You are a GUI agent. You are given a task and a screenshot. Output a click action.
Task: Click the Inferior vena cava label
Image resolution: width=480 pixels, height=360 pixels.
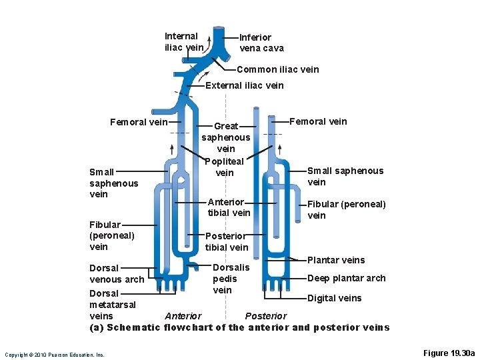[x=261, y=43]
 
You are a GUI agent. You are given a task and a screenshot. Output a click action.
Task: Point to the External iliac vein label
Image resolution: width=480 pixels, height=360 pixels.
[x=244, y=85]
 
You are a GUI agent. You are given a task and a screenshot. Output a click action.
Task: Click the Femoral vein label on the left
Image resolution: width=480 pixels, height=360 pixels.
[x=139, y=122]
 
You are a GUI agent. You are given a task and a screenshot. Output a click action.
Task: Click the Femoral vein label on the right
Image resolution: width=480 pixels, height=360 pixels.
[x=318, y=121]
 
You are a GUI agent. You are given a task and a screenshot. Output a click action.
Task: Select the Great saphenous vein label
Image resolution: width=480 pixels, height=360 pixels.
[x=225, y=137]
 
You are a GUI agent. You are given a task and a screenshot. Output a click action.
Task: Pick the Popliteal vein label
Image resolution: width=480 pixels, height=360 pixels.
[x=225, y=167]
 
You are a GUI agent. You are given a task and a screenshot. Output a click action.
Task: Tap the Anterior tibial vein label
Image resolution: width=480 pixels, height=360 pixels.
[x=229, y=207]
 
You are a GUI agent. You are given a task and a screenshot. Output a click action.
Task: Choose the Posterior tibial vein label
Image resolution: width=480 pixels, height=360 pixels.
[x=227, y=241]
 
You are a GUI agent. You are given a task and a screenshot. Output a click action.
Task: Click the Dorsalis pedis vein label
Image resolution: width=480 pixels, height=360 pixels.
[x=231, y=279]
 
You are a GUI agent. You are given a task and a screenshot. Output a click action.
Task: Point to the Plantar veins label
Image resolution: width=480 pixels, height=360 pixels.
[x=336, y=260]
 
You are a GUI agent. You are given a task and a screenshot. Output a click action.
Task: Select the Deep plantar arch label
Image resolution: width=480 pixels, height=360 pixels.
[x=346, y=278]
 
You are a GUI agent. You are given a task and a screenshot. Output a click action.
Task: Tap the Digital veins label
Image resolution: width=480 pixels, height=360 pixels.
[x=334, y=298]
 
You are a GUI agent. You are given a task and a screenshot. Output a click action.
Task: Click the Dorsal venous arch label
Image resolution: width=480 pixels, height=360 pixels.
[x=116, y=273]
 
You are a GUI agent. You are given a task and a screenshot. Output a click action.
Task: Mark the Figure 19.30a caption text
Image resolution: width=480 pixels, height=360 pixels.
[x=449, y=353]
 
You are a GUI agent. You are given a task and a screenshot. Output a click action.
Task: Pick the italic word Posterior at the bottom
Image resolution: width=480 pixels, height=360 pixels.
[x=266, y=316]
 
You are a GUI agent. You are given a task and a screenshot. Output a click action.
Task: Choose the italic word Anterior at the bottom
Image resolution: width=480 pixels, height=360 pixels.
[x=183, y=316]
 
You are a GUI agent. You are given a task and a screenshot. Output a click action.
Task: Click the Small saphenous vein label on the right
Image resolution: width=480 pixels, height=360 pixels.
[x=345, y=176]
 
